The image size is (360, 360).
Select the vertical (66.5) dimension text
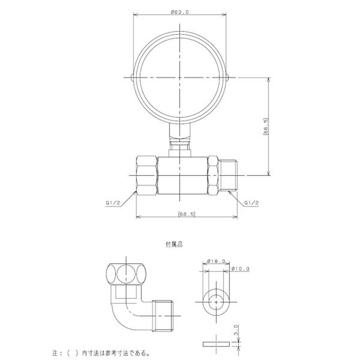(267, 127)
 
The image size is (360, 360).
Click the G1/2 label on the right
(252, 203)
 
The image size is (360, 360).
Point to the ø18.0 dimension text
(217, 261)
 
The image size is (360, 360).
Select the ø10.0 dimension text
(240, 269)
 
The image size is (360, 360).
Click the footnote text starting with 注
(105, 352)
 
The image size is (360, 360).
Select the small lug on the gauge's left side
(131, 78)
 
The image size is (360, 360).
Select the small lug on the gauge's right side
(229, 78)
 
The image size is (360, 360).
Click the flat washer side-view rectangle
(216, 345)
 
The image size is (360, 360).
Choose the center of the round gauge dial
(180, 78)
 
